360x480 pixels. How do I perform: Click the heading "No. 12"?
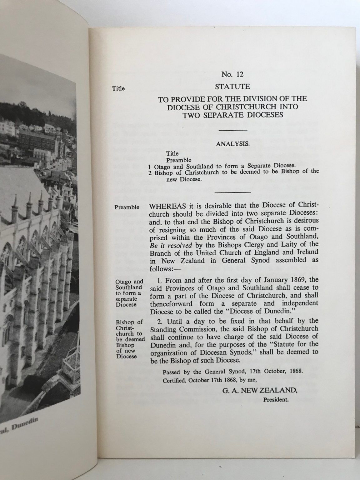click(x=232, y=74)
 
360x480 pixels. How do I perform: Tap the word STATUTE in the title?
click(x=232, y=85)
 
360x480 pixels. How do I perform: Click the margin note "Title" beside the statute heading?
click(x=118, y=88)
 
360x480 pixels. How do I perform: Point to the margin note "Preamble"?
click(x=127, y=207)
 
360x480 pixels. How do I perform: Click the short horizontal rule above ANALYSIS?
click(x=232, y=130)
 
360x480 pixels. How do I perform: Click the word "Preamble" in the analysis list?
click(x=179, y=160)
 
